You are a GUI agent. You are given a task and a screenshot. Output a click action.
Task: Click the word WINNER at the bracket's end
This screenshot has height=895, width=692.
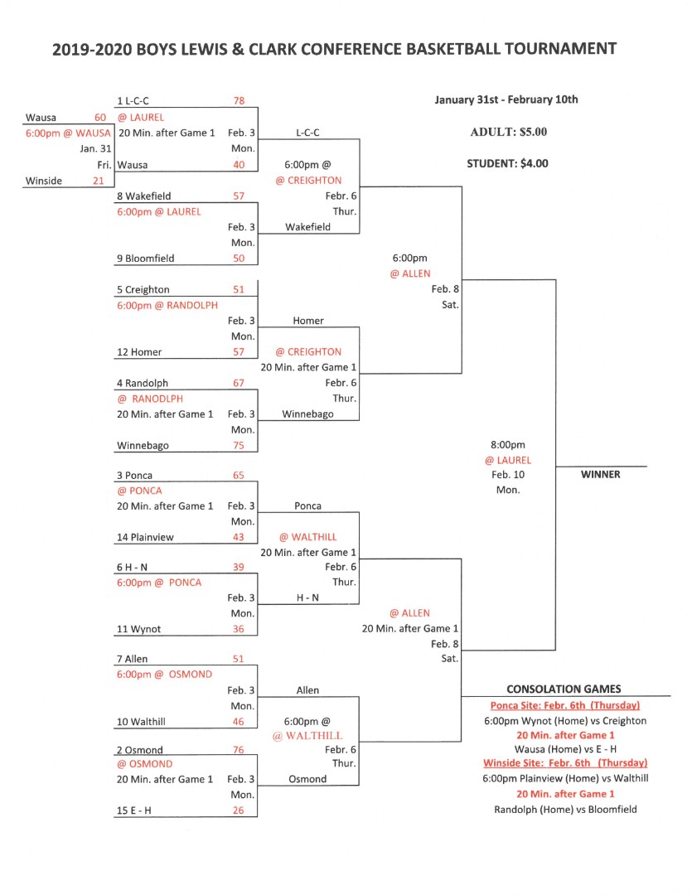(600, 474)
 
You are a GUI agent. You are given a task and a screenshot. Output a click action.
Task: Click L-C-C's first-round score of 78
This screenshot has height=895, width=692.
(239, 101)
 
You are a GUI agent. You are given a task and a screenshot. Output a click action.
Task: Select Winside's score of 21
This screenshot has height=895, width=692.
(98, 181)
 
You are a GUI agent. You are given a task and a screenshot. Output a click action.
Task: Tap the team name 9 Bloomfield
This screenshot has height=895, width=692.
(146, 259)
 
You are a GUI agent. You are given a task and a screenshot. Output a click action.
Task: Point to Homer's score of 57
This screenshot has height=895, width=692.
(239, 352)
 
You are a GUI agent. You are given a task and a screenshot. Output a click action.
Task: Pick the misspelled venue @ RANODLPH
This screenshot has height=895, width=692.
(150, 399)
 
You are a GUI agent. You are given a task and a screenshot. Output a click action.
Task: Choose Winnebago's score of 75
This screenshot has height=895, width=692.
(239, 446)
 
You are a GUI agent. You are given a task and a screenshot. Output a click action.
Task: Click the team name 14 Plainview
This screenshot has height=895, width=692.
(145, 537)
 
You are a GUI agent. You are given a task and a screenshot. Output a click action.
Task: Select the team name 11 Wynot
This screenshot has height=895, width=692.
(138, 629)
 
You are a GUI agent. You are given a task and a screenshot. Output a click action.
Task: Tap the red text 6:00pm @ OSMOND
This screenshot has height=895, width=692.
(164, 674)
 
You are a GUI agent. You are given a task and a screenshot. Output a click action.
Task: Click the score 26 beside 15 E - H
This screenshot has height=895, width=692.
(239, 810)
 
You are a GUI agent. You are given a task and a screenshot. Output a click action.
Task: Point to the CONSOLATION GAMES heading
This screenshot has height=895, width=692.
(564, 689)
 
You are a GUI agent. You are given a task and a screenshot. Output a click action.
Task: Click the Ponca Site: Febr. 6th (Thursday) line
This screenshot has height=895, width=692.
(565, 705)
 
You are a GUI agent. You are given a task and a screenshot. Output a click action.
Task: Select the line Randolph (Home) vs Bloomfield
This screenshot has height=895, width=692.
(565, 810)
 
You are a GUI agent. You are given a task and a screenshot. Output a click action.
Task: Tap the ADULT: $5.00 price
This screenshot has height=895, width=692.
(508, 132)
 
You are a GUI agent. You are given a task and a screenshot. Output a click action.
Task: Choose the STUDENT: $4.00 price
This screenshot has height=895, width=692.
(507, 164)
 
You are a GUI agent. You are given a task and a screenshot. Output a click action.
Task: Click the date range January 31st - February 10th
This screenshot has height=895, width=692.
(506, 100)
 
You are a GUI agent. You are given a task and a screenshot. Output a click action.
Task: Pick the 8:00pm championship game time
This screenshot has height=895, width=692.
(507, 445)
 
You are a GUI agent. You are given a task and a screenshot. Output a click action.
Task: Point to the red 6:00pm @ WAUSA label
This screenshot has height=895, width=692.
(68, 133)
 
